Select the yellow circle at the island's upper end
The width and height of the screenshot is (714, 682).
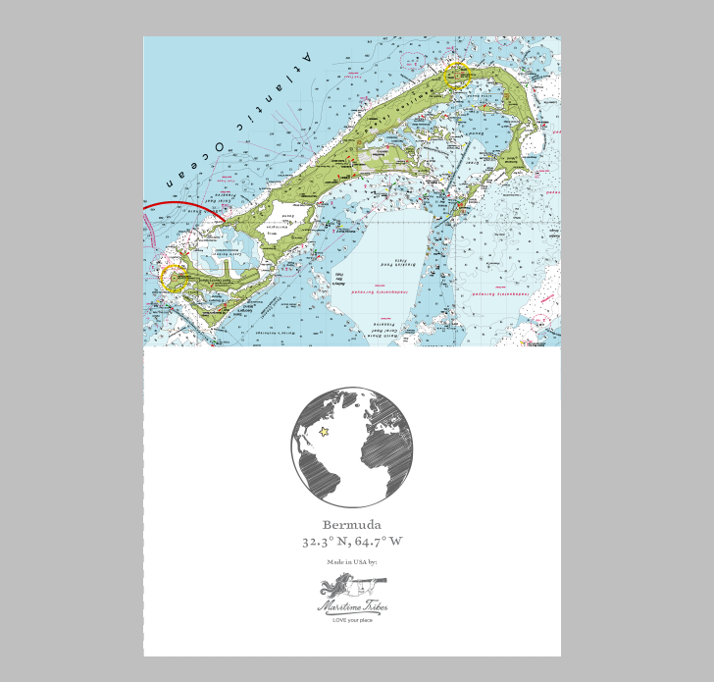[x=457, y=76]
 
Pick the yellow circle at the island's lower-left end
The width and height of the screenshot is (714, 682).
[x=174, y=279]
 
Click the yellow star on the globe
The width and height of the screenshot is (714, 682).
[x=324, y=431]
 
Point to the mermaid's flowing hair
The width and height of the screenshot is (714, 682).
[x=331, y=587]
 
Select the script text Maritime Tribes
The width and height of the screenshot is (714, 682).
[x=352, y=607]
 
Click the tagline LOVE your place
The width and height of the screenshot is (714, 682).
[x=352, y=620]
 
